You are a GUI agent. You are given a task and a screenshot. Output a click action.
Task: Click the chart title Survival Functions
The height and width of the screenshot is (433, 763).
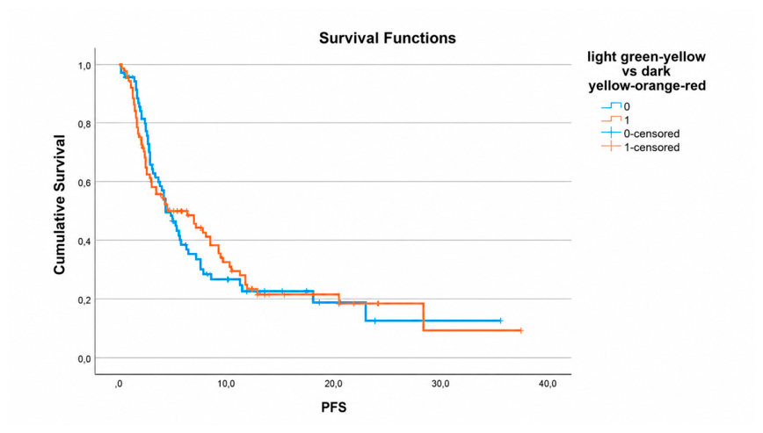coord(388,38)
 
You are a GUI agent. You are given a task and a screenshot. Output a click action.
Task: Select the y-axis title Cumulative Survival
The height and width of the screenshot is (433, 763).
coord(60,205)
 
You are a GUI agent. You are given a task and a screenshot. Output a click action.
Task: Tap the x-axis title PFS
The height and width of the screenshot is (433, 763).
coord(334,408)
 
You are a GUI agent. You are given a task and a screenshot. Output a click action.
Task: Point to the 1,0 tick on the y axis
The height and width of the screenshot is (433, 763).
coord(84,66)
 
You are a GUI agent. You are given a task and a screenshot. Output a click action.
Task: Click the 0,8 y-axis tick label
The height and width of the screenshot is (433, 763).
coord(84,125)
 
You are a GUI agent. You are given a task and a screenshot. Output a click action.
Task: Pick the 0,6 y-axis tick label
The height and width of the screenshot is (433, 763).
coord(84,183)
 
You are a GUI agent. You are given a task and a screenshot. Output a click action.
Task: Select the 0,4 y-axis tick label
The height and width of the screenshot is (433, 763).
coord(84,242)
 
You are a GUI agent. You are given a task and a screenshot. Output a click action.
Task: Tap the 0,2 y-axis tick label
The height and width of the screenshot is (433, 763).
coord(84,300)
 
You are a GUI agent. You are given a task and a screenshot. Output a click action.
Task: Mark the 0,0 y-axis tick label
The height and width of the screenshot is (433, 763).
coord(84,359)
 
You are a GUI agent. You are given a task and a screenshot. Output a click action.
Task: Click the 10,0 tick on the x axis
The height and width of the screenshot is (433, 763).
coord(226,384)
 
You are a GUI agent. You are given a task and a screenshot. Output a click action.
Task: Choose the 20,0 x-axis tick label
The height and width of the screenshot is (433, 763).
coord(333,384)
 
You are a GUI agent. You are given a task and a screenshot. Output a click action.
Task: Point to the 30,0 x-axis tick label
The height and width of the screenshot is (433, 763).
coord(440,384)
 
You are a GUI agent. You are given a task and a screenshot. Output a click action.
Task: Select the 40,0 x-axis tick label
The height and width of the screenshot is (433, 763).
coord(548,384)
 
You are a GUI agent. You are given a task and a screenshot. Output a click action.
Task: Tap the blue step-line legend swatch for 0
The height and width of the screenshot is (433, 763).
coord(611,105)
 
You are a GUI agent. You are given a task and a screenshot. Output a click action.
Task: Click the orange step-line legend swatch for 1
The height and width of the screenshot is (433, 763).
coord(611,119)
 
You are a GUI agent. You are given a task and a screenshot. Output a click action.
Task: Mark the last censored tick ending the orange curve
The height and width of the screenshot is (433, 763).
coord(520,330)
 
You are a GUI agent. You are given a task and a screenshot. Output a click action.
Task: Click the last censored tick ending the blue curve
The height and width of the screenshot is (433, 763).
coord(500,321)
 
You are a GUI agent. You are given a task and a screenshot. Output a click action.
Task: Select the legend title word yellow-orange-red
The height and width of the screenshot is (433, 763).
coord(647,86)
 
